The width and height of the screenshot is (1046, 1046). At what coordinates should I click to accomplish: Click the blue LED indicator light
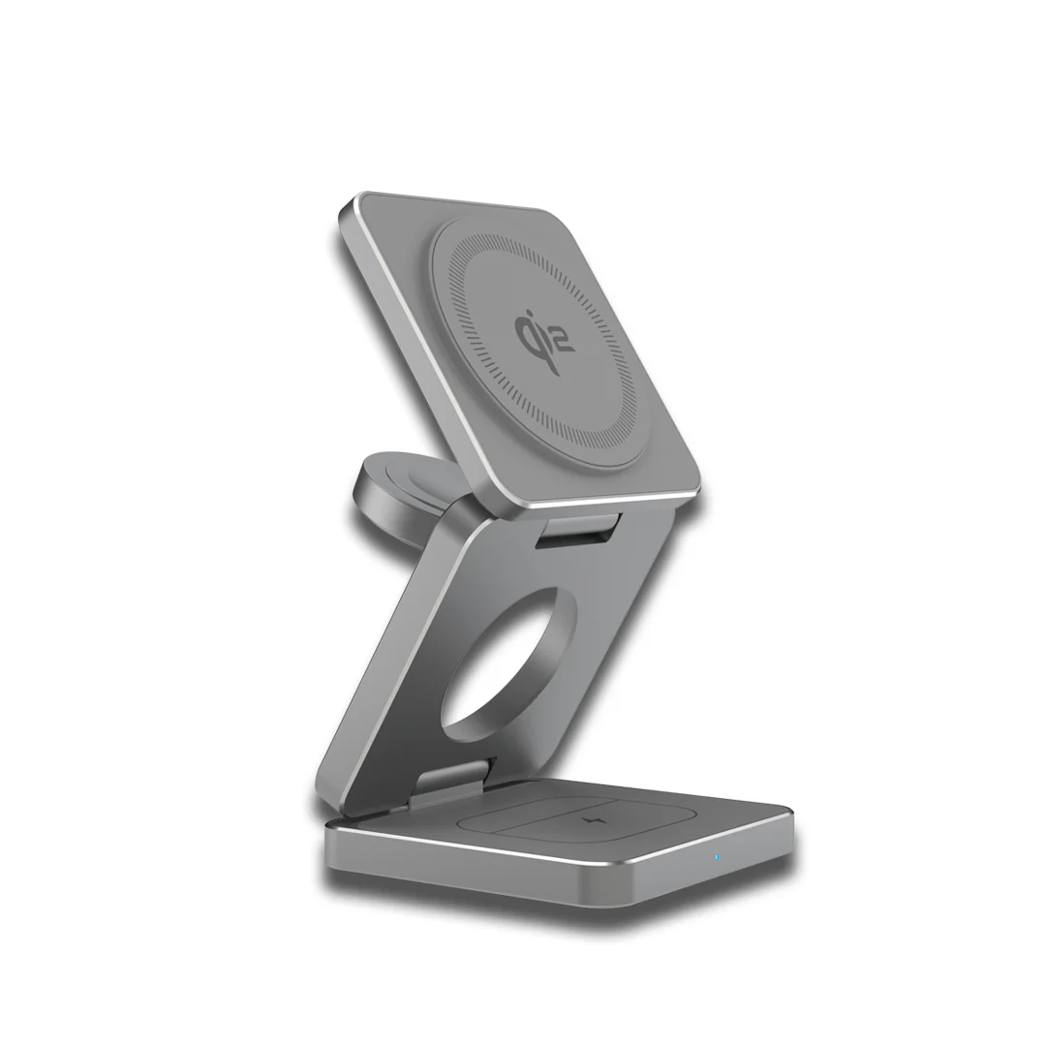coord(716,856)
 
